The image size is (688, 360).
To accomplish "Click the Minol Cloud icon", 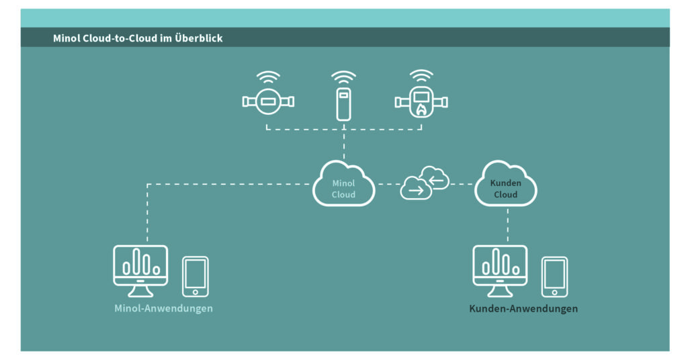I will (343, 185).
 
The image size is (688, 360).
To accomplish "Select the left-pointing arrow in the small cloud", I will (437, 179).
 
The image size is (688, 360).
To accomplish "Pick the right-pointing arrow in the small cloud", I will (417, 191).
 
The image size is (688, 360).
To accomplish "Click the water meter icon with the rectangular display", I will (267, 102).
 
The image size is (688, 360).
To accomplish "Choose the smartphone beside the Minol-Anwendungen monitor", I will (196, 275).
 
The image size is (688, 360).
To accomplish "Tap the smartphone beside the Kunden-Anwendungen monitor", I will (554, 275).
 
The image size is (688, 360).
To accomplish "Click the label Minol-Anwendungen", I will (163, 308).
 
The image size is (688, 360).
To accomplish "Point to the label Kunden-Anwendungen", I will (523, 309).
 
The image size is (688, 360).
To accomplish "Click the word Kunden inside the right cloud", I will (505, 183).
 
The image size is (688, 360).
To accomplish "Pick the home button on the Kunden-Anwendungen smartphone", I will (554, 292).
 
